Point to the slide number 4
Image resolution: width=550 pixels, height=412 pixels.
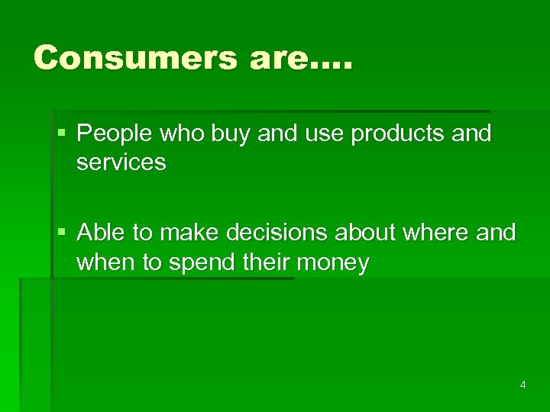pos(522,385)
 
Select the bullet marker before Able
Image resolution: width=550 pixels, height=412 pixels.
pos(61,232)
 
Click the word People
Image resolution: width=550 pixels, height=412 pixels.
pos(116,134)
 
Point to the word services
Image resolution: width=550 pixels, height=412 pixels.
pos(121,162)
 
